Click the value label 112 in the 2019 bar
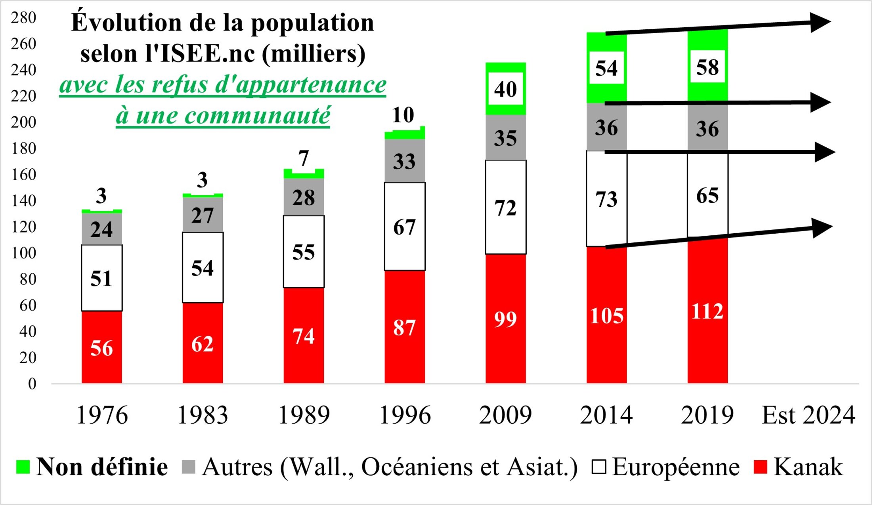point(708,311)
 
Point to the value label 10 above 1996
point(403,115)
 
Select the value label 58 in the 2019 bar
point(708,67)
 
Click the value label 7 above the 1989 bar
point(304,158)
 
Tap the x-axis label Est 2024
point(809,415)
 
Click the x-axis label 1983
point(203,415)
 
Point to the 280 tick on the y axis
point(24,18)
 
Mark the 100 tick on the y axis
point(24,253)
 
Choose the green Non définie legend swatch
point(23,467)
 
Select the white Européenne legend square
point(599,467)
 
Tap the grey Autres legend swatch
point(189,467)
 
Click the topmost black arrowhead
point(820,22)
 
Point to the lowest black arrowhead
point(822,228)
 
